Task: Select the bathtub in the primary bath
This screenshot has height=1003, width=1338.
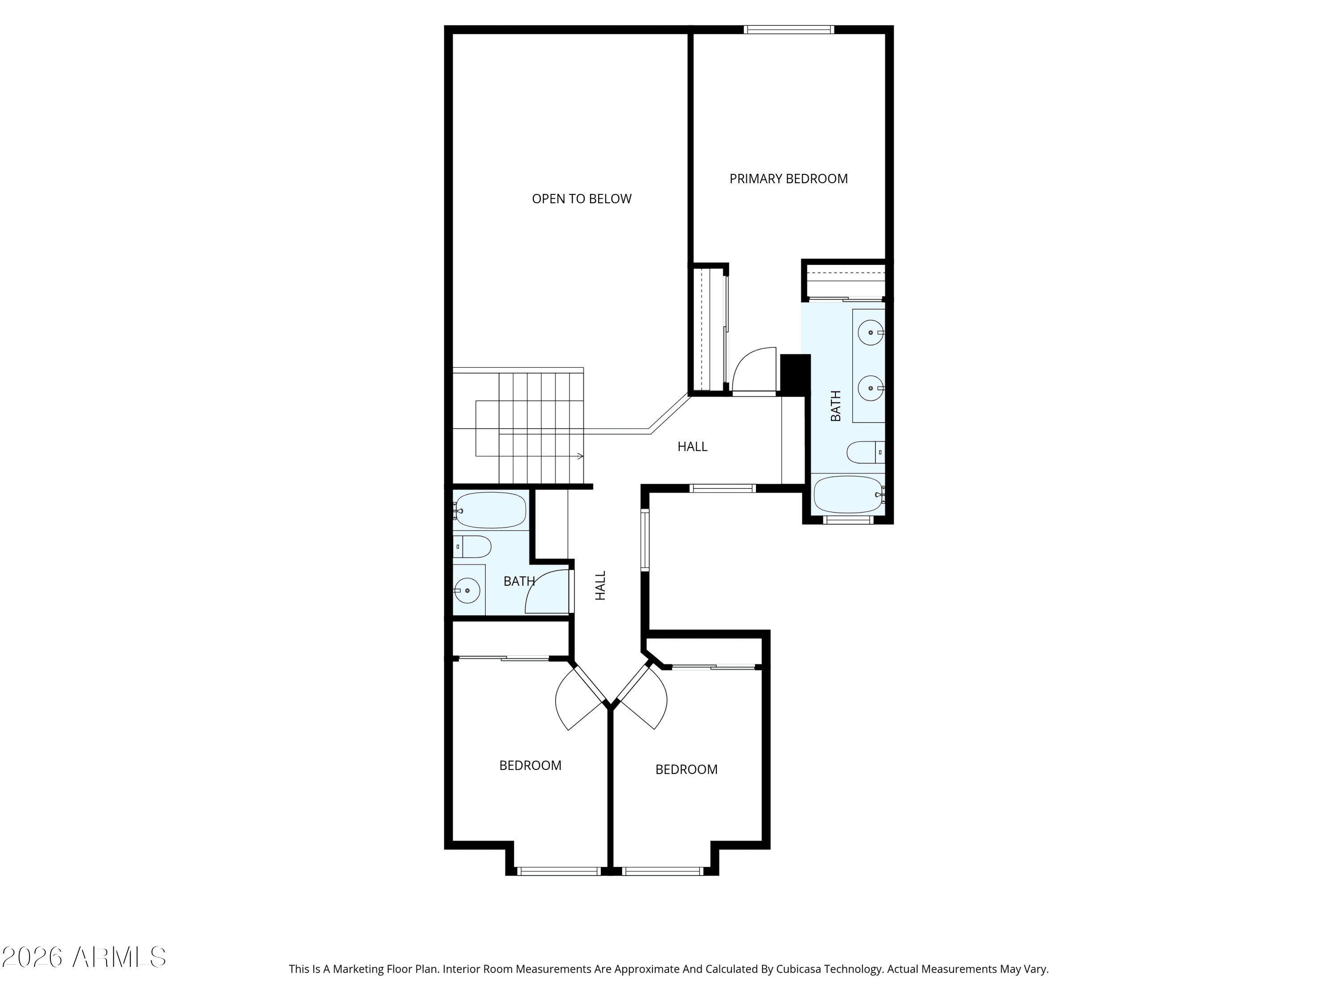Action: (x=849, y=494)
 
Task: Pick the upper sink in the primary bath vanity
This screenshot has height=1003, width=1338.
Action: (x=871, y=333)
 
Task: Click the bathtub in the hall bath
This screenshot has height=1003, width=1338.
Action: (x=491, y=510)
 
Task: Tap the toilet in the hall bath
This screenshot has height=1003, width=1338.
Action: (x=472, y=547)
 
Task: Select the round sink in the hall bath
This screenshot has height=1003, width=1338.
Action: (x=467, y=590)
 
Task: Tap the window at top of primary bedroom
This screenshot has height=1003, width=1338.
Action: (x=789, y=29)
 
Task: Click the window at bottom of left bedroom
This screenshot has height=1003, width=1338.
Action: (x=560, y=871)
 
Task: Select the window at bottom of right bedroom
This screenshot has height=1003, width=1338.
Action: (x=662, y=871)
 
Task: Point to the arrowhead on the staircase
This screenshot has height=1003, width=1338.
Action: (x=581, y=456)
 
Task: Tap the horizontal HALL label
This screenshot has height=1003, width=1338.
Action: (x=693, y=447)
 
